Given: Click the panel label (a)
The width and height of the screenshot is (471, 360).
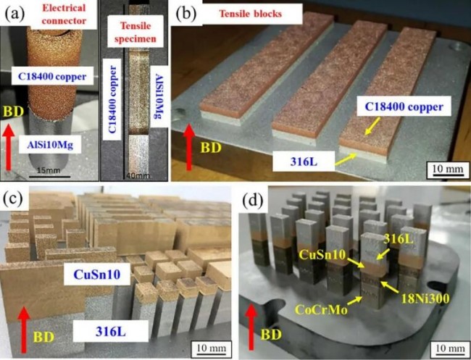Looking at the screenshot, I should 16,12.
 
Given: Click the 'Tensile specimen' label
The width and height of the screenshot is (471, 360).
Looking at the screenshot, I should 135,30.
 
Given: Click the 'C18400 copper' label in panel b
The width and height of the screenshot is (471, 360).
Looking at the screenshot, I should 404,107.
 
